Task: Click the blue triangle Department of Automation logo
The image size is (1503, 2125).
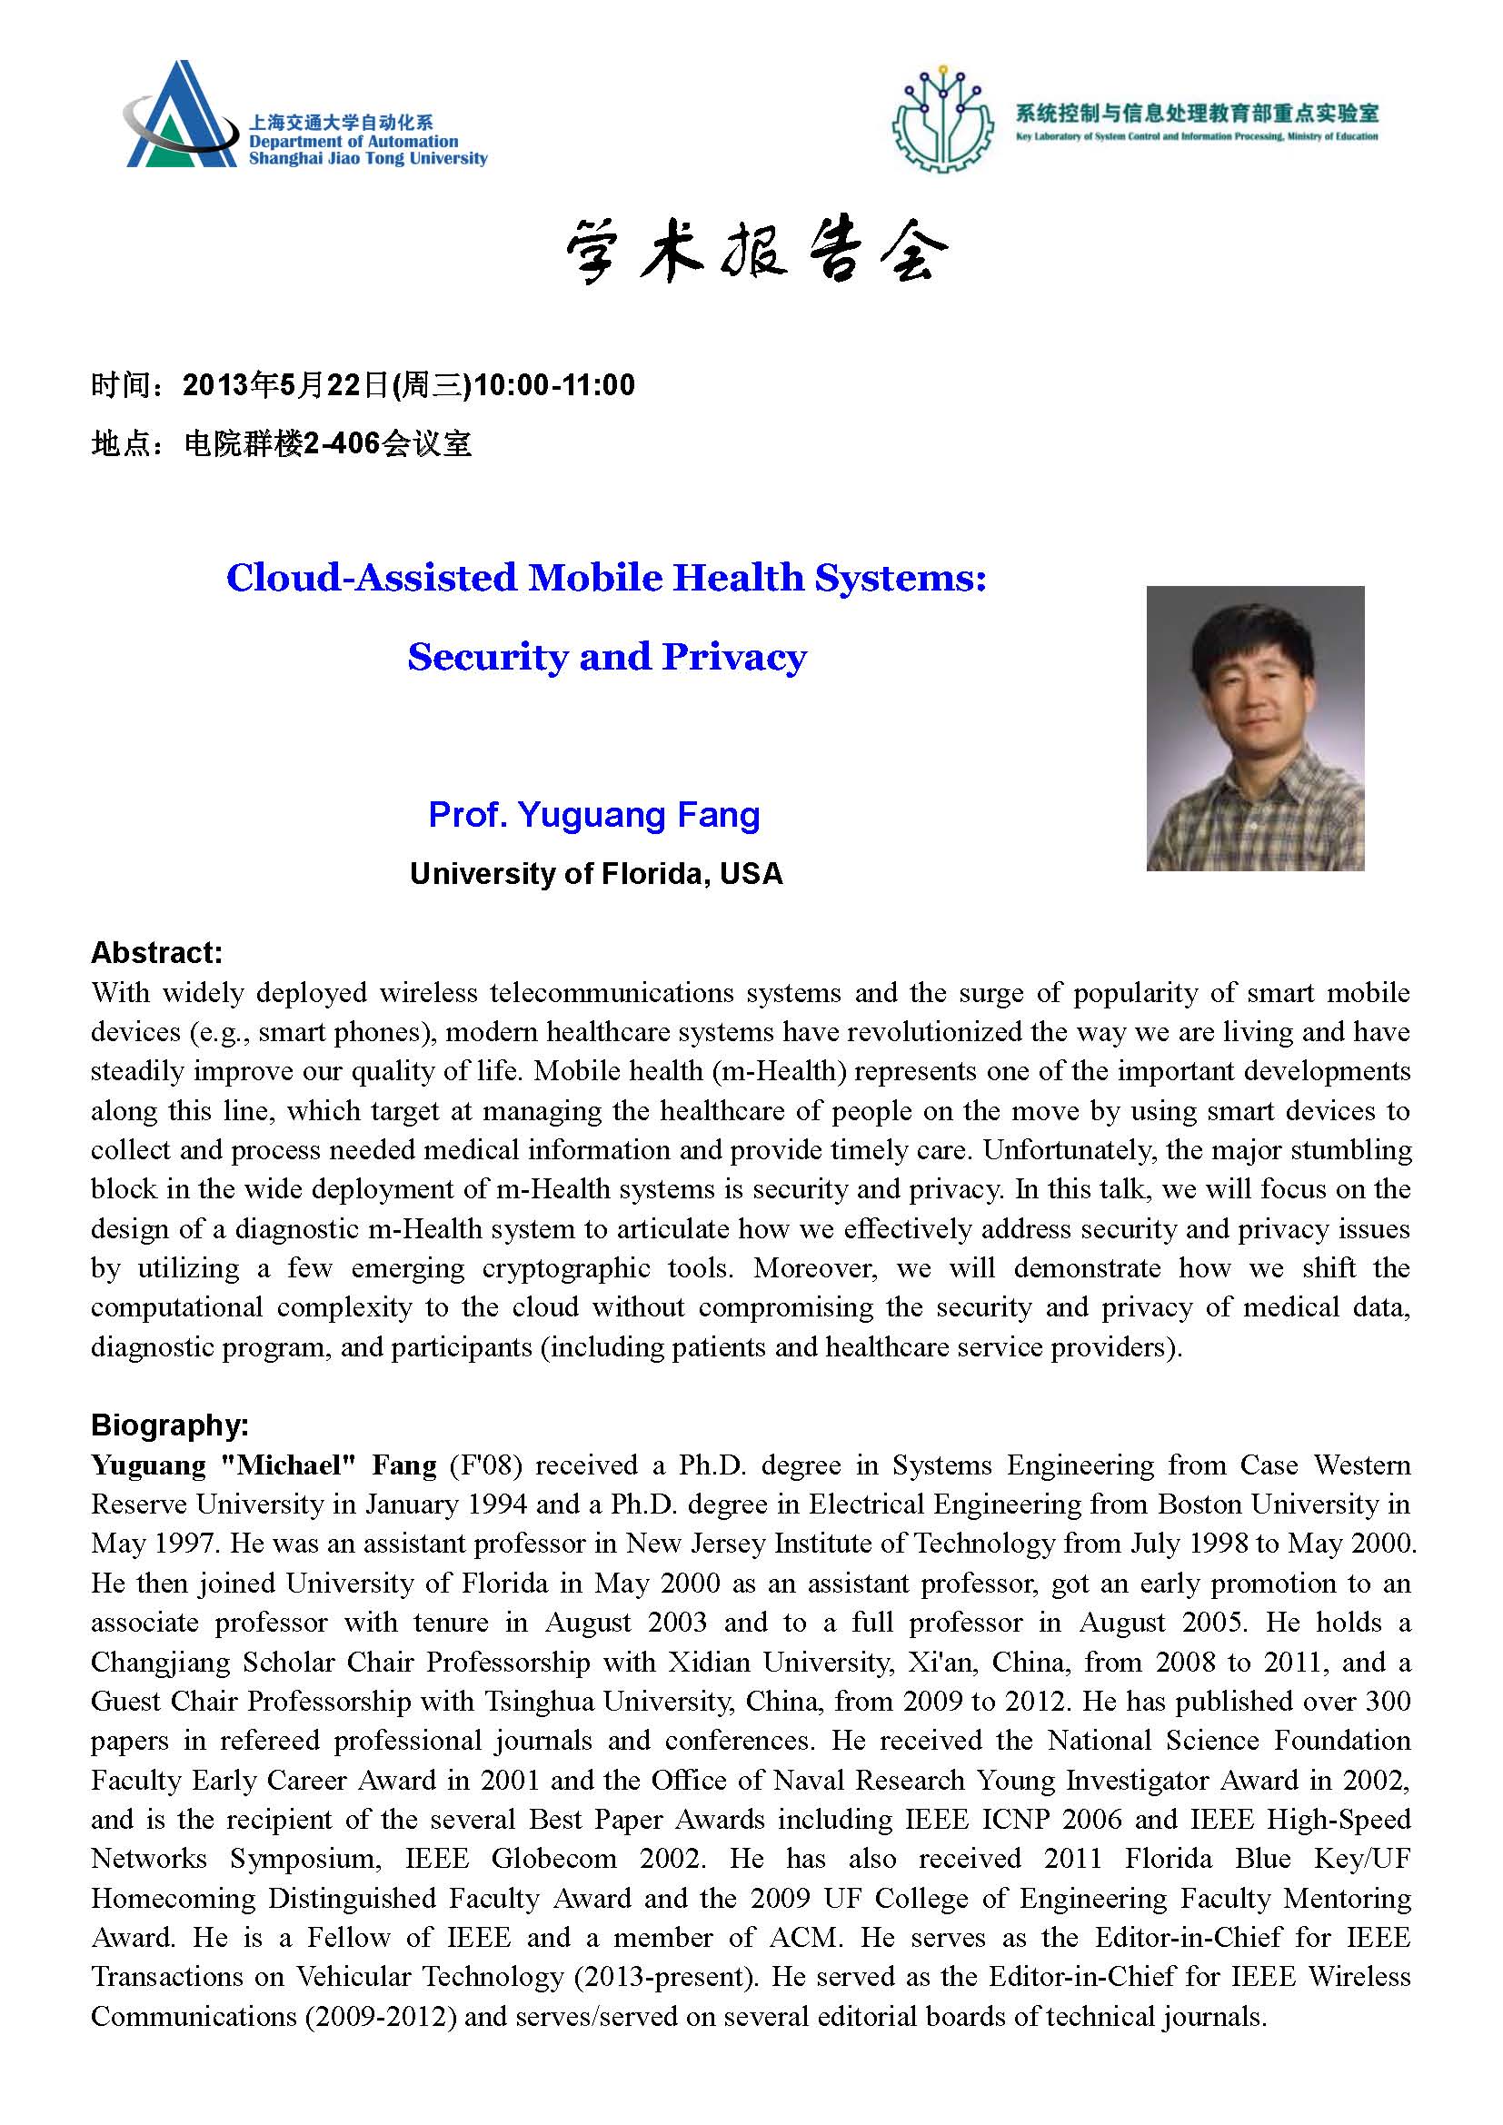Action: click(x=181, y=116)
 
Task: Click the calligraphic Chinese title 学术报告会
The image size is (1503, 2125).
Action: click(x=755, y=253)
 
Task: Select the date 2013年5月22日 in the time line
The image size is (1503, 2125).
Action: click(x=285, y=385)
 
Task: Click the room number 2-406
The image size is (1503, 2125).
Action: click(x=342, y=444)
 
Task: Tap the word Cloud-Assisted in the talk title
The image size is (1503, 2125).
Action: click(x=371, y=578)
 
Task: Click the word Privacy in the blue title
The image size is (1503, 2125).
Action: click(x=734, y=657)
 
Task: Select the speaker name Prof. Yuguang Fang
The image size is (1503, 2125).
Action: click(x=594, y=814)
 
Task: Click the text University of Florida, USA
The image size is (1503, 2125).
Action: click(x=596, y=874)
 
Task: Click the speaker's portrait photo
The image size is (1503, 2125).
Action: click(x=1254, y=728)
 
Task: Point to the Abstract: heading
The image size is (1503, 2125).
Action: click(x=156, y=952)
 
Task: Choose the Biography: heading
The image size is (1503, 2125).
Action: click(x=169, y=1425)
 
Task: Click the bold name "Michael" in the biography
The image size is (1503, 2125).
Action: click(x=288, y=1465)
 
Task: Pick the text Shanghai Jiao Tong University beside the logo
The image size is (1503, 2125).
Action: click(x=367, y=159)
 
